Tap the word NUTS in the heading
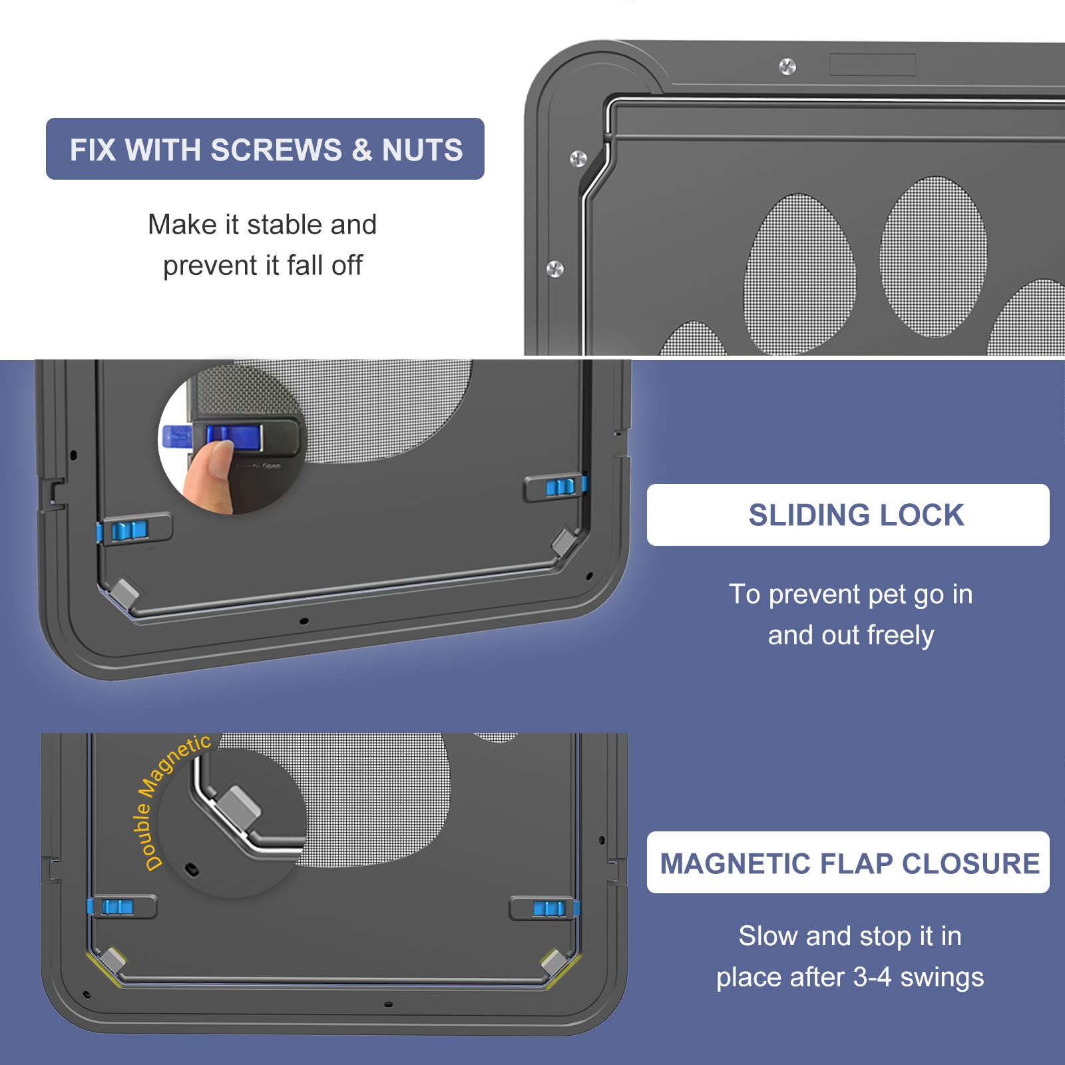click(x=422, y=150)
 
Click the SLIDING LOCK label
click(x=856, y=515)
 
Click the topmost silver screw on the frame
click(x=787, y=67)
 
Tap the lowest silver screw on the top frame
click(x=554, y=269)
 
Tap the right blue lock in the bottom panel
click(x=548, y=909)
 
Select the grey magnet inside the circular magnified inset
click(x=240, y=806)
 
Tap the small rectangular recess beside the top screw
click(x=872, y=65)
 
